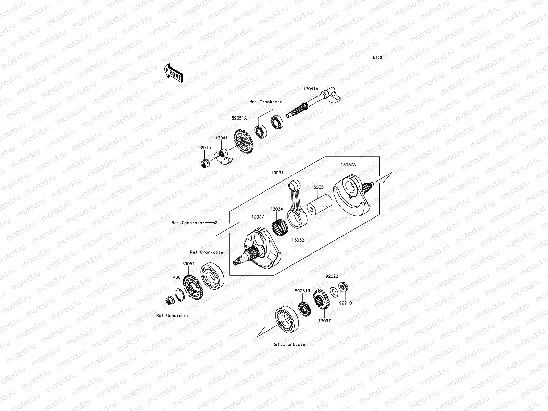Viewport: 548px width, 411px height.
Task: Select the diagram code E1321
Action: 378,58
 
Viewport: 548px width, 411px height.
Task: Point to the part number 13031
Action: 277,173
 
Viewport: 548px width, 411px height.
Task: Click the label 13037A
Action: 348,165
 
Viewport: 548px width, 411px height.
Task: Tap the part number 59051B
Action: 302,291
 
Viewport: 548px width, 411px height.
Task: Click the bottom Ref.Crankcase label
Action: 289,344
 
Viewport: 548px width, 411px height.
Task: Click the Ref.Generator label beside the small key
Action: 188,223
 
